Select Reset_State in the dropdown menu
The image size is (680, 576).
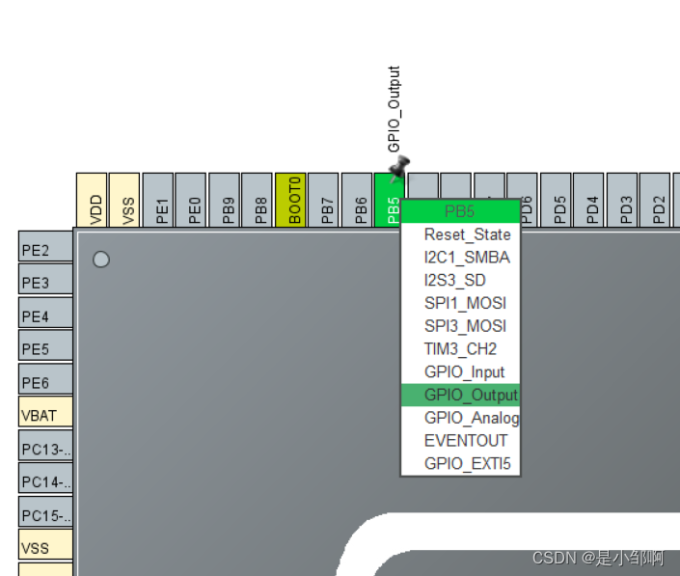467,234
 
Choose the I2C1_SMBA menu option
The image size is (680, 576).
467,258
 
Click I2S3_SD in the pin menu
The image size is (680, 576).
455,281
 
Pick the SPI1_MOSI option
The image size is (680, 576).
465,303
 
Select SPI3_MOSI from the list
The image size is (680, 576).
465,326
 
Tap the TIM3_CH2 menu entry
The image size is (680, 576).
460,349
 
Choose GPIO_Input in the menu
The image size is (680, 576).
464,372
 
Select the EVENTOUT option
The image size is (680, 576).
465,441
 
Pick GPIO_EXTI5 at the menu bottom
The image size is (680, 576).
467,464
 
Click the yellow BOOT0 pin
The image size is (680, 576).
291,201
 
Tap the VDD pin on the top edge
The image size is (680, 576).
92,201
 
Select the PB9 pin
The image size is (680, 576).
225,201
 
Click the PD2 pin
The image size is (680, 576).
656,201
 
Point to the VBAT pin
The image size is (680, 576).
45,415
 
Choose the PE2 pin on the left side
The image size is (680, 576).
45,249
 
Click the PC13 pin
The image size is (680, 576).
45,449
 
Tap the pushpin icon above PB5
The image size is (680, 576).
398,168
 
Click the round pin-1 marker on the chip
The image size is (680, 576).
100,260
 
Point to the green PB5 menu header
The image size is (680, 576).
461,211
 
